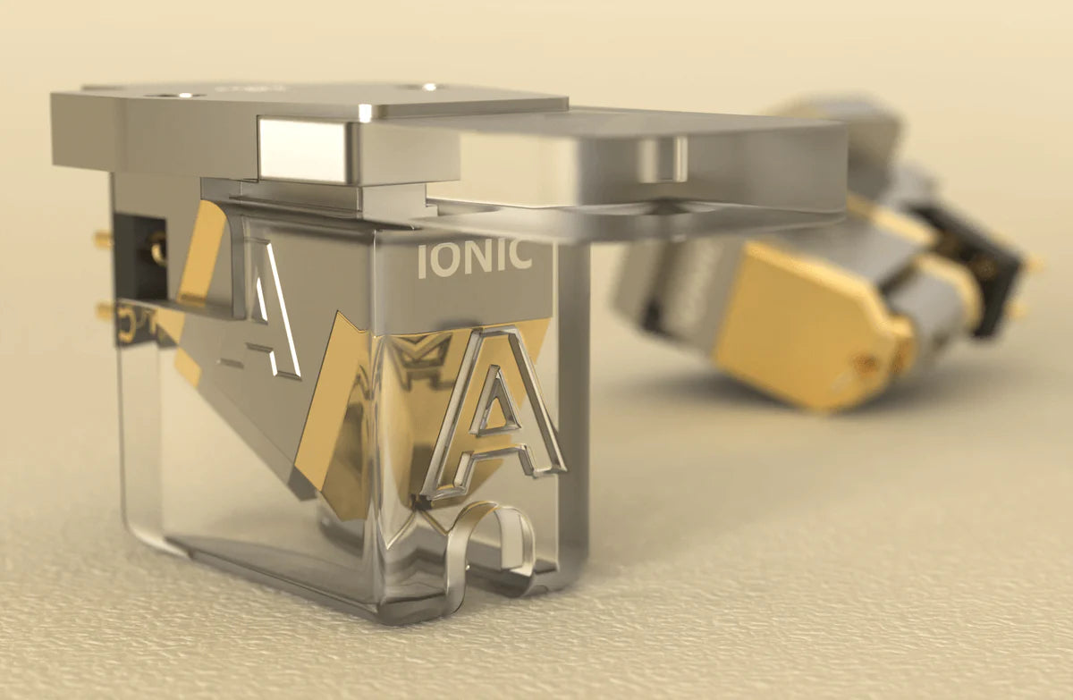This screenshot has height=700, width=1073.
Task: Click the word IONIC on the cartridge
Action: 474,258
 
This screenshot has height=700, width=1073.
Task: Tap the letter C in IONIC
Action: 518,257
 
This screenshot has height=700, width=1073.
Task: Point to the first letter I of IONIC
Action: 423,260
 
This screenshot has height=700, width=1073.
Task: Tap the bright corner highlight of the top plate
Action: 365,112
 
